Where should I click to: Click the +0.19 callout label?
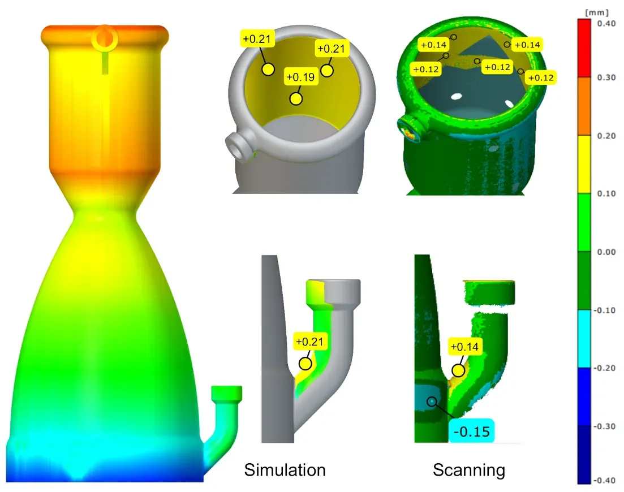click(301, 77)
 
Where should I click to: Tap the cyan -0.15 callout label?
click(472, 431)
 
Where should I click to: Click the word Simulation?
click(285, 470)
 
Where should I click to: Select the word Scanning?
click(469, 470)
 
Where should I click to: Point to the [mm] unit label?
click(596, 12)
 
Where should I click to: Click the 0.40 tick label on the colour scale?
click(606, 23)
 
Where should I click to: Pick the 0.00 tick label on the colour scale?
click(606, 252)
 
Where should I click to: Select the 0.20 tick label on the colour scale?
click(606, 136)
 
